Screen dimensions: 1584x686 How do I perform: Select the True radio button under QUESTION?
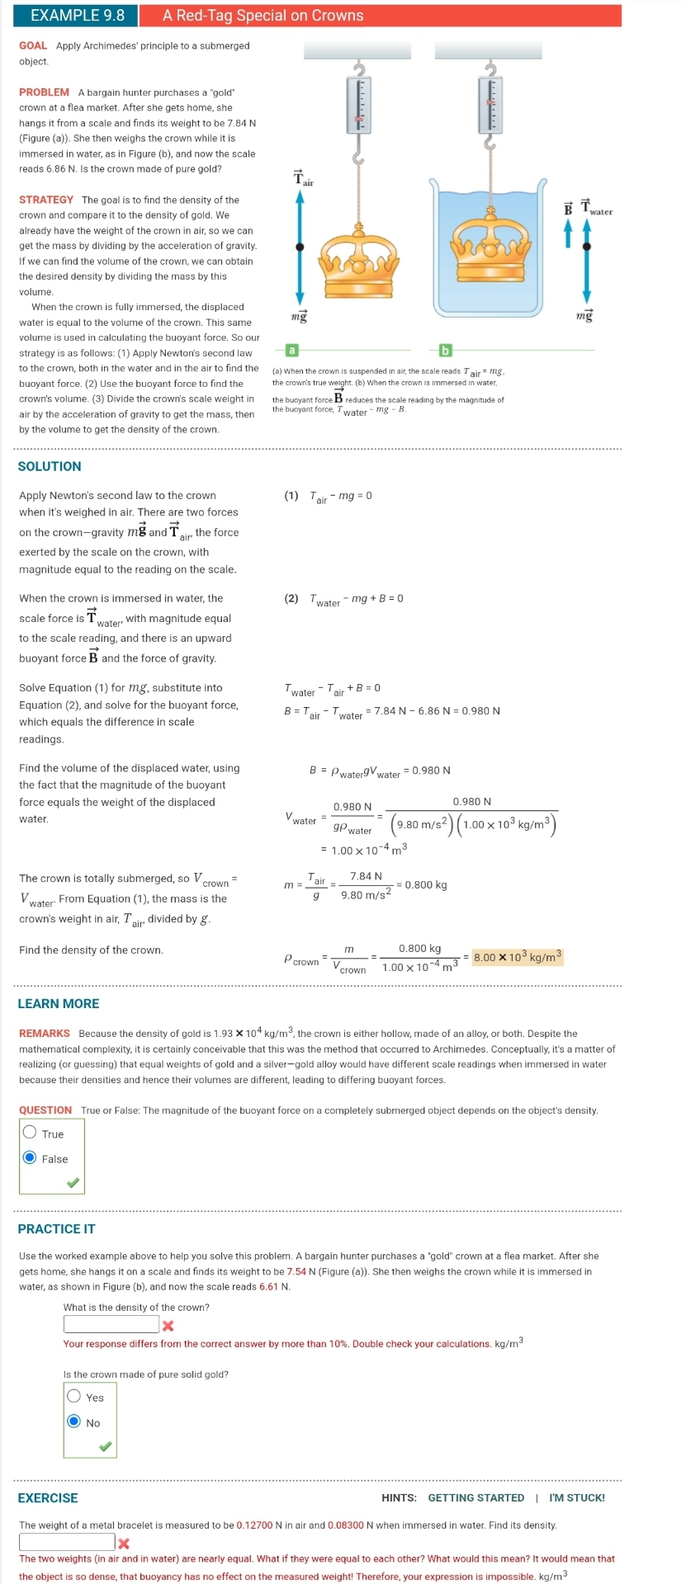[x=31, y=1133]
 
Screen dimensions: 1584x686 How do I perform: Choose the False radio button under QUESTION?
[x=31, y=1157]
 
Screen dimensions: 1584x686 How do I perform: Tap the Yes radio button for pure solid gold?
[x=74, y=1396]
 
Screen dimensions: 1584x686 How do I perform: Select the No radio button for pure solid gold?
[x=74, y=1421]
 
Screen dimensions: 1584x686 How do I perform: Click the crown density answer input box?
[x=111, y=1324]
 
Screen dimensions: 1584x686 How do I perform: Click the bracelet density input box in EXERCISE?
[x=67, y=1541]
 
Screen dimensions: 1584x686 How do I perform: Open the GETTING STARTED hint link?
[x=475, y=1497]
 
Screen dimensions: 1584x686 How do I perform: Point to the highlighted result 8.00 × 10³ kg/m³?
[x=518, y=957]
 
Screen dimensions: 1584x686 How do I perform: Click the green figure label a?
[x=291, y=351]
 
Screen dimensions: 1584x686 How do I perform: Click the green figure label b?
[x=445, y=351]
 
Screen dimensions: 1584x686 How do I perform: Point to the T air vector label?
[x=302, y=178]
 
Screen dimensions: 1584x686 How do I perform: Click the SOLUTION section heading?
[x=50, y=466]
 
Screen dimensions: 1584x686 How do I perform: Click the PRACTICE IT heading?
[x=56, y=1228]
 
